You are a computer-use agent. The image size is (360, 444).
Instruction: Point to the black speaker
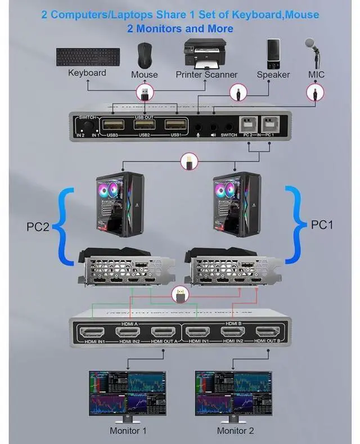273,53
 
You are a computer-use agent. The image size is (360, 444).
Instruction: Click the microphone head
310,44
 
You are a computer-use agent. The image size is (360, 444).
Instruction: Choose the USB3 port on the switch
112,125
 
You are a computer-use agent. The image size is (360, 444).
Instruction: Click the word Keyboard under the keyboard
87,73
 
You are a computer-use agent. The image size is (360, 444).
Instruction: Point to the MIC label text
316,74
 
